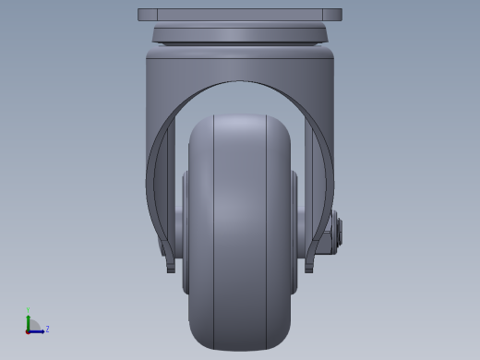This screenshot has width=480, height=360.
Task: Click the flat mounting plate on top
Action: tap(240, 15)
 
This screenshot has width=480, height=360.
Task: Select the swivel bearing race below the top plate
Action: tap(240, 35)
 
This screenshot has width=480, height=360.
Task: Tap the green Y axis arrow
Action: tap(29, 320)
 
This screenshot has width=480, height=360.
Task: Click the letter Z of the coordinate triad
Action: tap(47, 329)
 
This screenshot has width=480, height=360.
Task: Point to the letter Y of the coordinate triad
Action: tap(29, 311)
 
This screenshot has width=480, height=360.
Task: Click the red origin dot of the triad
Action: tap(29, 330)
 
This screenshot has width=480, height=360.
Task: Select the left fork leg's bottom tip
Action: tap(171, 269)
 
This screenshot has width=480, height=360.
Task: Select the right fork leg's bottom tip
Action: tap(309, 269)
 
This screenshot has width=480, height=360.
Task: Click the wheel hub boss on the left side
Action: tap(185, 231)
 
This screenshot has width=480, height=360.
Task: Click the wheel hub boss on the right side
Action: tap(295, 231)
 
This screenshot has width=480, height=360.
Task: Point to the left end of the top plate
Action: tap(141, 15)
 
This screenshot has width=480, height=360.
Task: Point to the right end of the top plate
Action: tap(339, 15)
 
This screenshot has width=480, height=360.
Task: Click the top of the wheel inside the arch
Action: tap(240, 120)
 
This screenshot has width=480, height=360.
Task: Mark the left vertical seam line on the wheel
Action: tap(214, 231)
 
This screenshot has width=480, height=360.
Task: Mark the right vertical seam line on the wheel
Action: tap(266, 231)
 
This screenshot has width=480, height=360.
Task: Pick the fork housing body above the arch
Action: tap(240, 65)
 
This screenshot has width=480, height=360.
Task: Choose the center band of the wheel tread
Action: tap(240, 231)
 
